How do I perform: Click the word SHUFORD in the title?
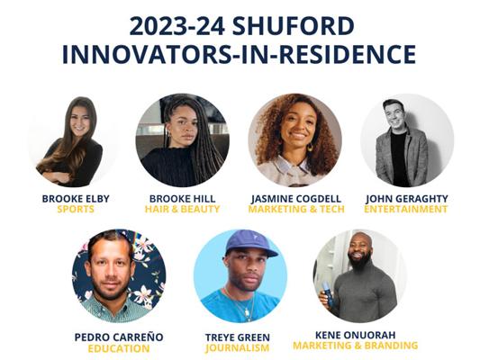[294, 26]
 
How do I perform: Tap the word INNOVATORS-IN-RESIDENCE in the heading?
[239, 54]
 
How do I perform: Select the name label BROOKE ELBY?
[76, 199]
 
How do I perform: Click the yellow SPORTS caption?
[76, 210]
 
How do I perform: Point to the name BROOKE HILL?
[183, 199]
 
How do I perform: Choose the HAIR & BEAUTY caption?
[183, 210]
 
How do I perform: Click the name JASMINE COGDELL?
[296, 199]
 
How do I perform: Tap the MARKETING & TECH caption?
[296, 210]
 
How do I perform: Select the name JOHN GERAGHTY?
[407, 199]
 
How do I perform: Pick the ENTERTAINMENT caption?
[406, 210]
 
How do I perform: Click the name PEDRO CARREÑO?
[119, 337]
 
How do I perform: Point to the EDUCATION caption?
[119, 348]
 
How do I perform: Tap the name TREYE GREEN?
[238, 337]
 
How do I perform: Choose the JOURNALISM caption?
[238, 348]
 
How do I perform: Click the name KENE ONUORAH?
[356, 335]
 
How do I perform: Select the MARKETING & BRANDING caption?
[356, 346]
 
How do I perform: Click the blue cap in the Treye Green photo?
[249, 242]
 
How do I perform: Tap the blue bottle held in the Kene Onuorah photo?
[326, 293]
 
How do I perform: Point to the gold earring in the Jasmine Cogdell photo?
[310, 148]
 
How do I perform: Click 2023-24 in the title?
[177, 26]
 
